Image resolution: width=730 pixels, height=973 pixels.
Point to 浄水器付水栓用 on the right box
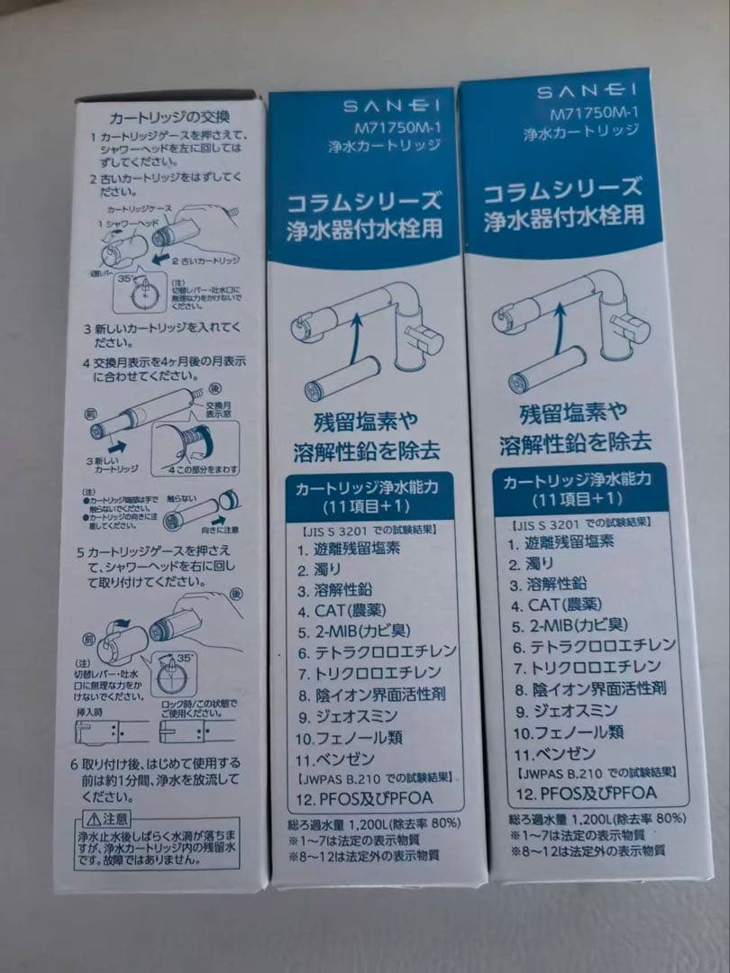(x=564, y=217)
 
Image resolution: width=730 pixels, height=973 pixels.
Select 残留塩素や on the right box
(x=574, y=414)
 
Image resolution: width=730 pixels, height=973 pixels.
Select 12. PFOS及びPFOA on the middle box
(x=364, y=798)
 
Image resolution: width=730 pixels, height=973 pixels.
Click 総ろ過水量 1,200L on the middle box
(x=336, y=823)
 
